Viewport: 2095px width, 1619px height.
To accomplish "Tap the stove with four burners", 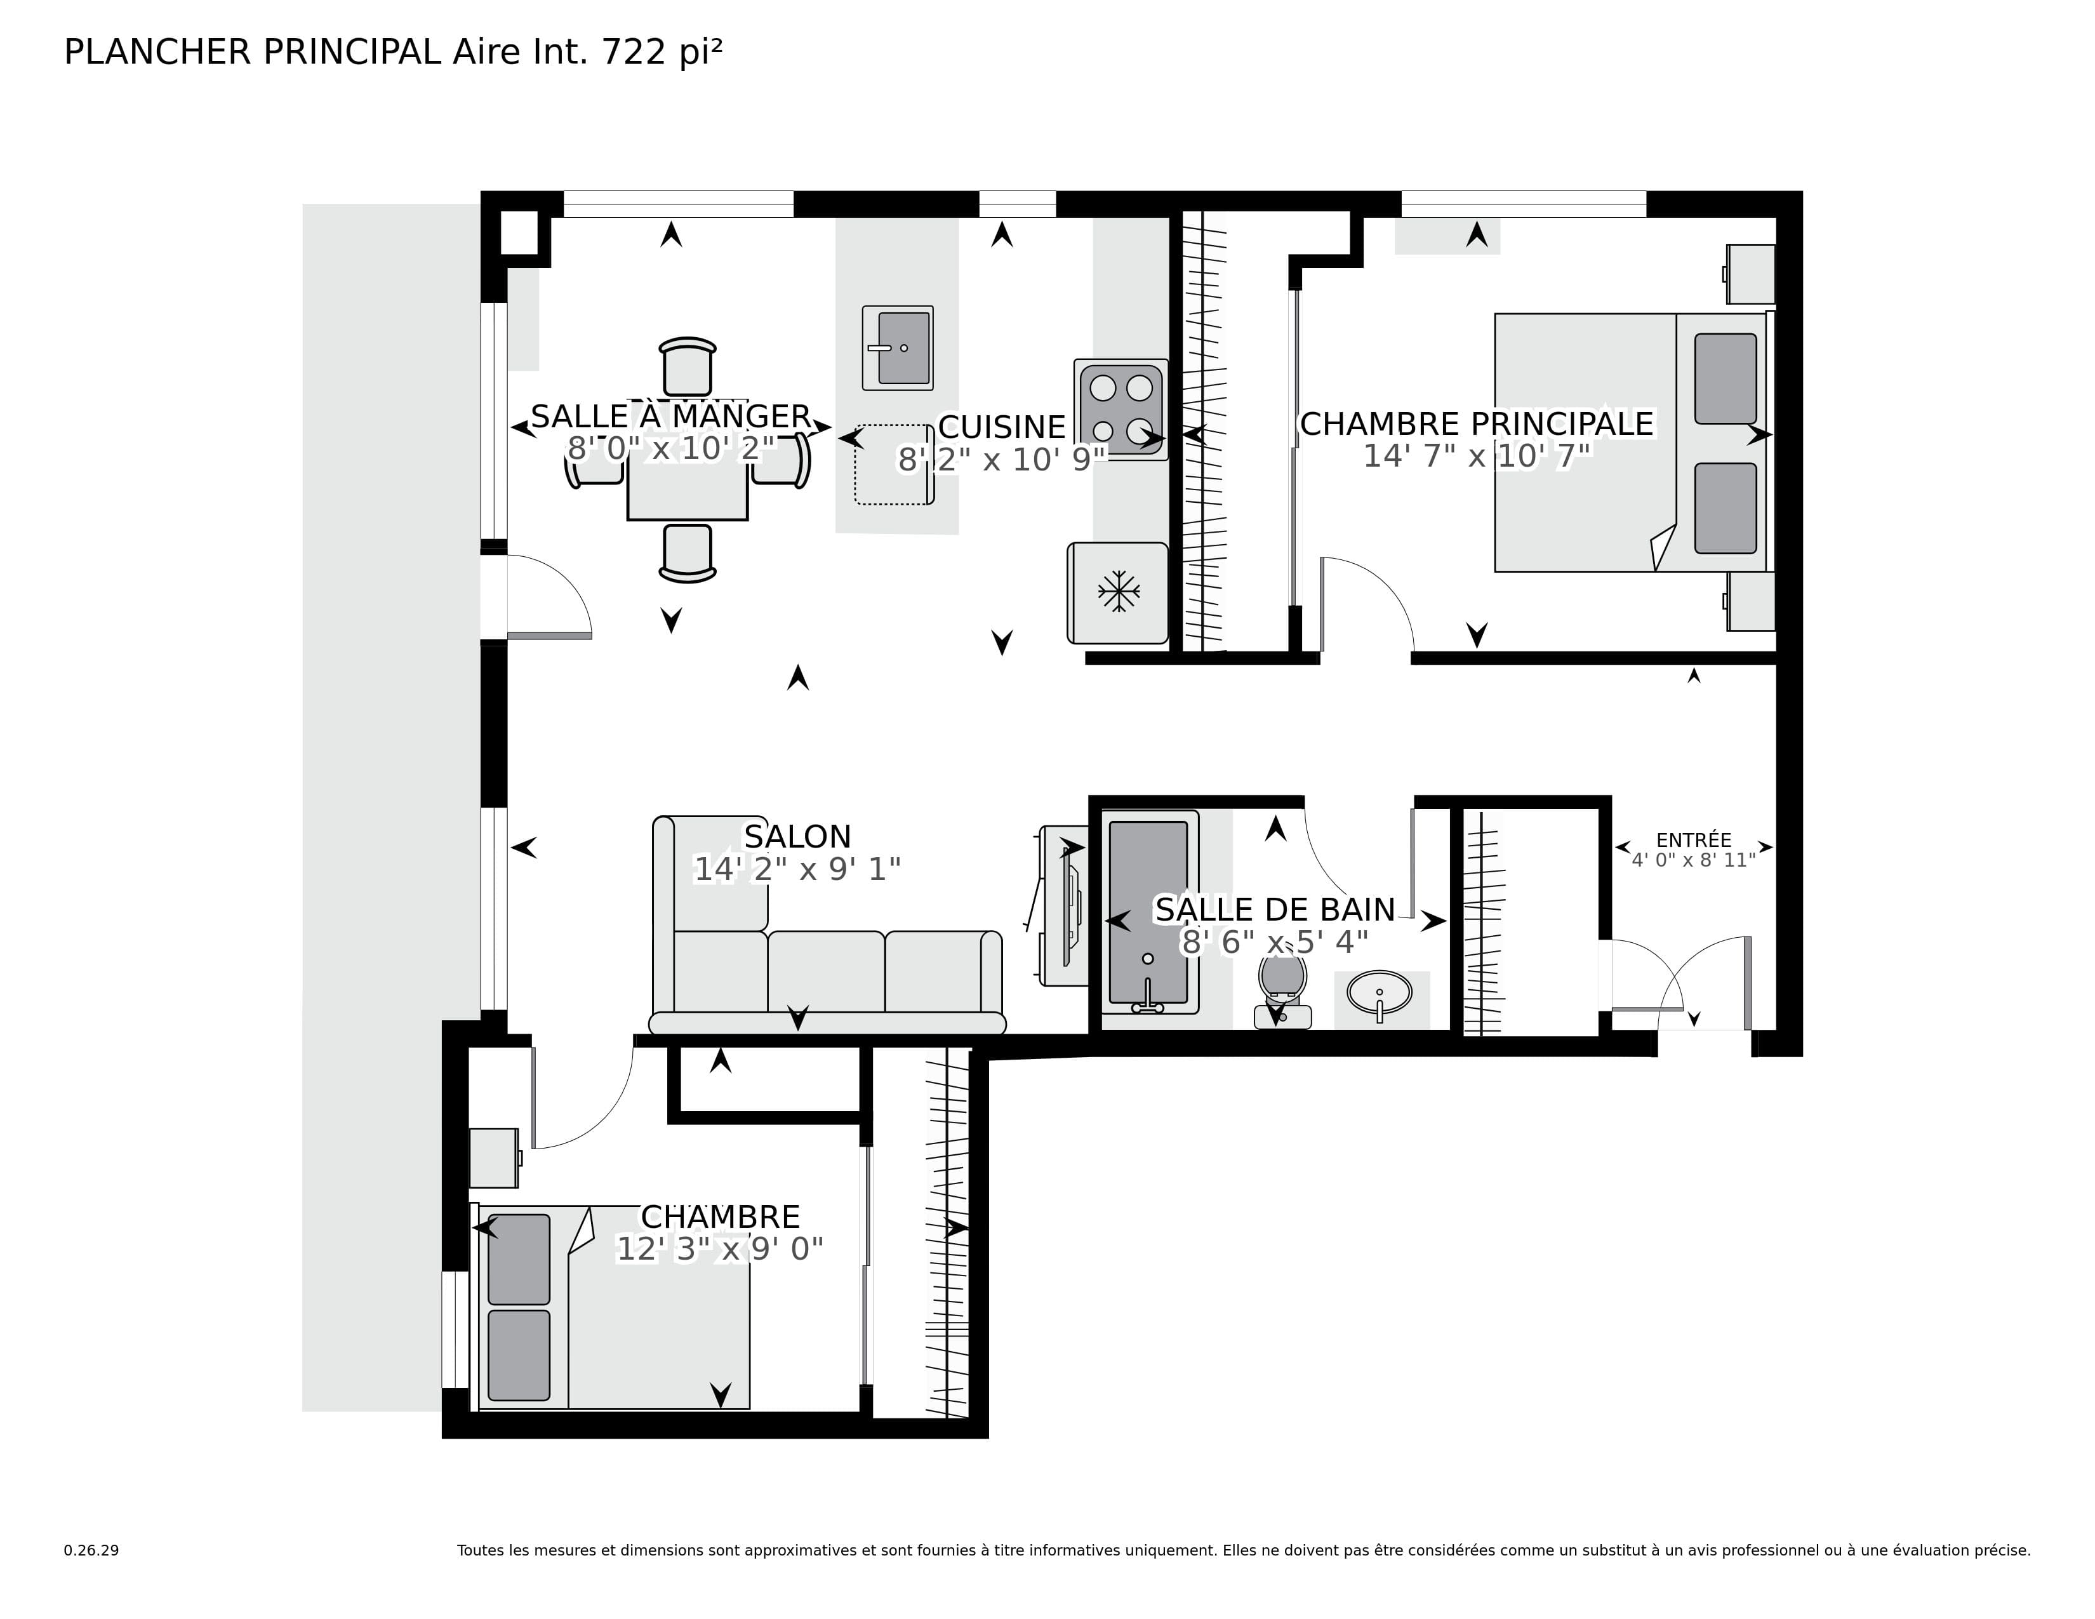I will point(1121,409).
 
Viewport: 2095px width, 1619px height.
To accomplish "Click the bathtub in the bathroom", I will point(1148,911).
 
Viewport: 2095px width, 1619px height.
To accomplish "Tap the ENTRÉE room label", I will point(1693,840).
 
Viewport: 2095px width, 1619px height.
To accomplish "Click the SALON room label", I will point(797,836).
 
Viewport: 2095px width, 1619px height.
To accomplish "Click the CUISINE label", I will point(1001,427).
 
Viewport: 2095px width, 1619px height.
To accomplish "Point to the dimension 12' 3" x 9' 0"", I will point(719,1249).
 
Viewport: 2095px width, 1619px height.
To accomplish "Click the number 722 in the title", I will point(632,52).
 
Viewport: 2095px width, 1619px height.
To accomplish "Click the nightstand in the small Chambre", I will point(494,1157).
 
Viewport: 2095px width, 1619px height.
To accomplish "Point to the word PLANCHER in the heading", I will point(157,52).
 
